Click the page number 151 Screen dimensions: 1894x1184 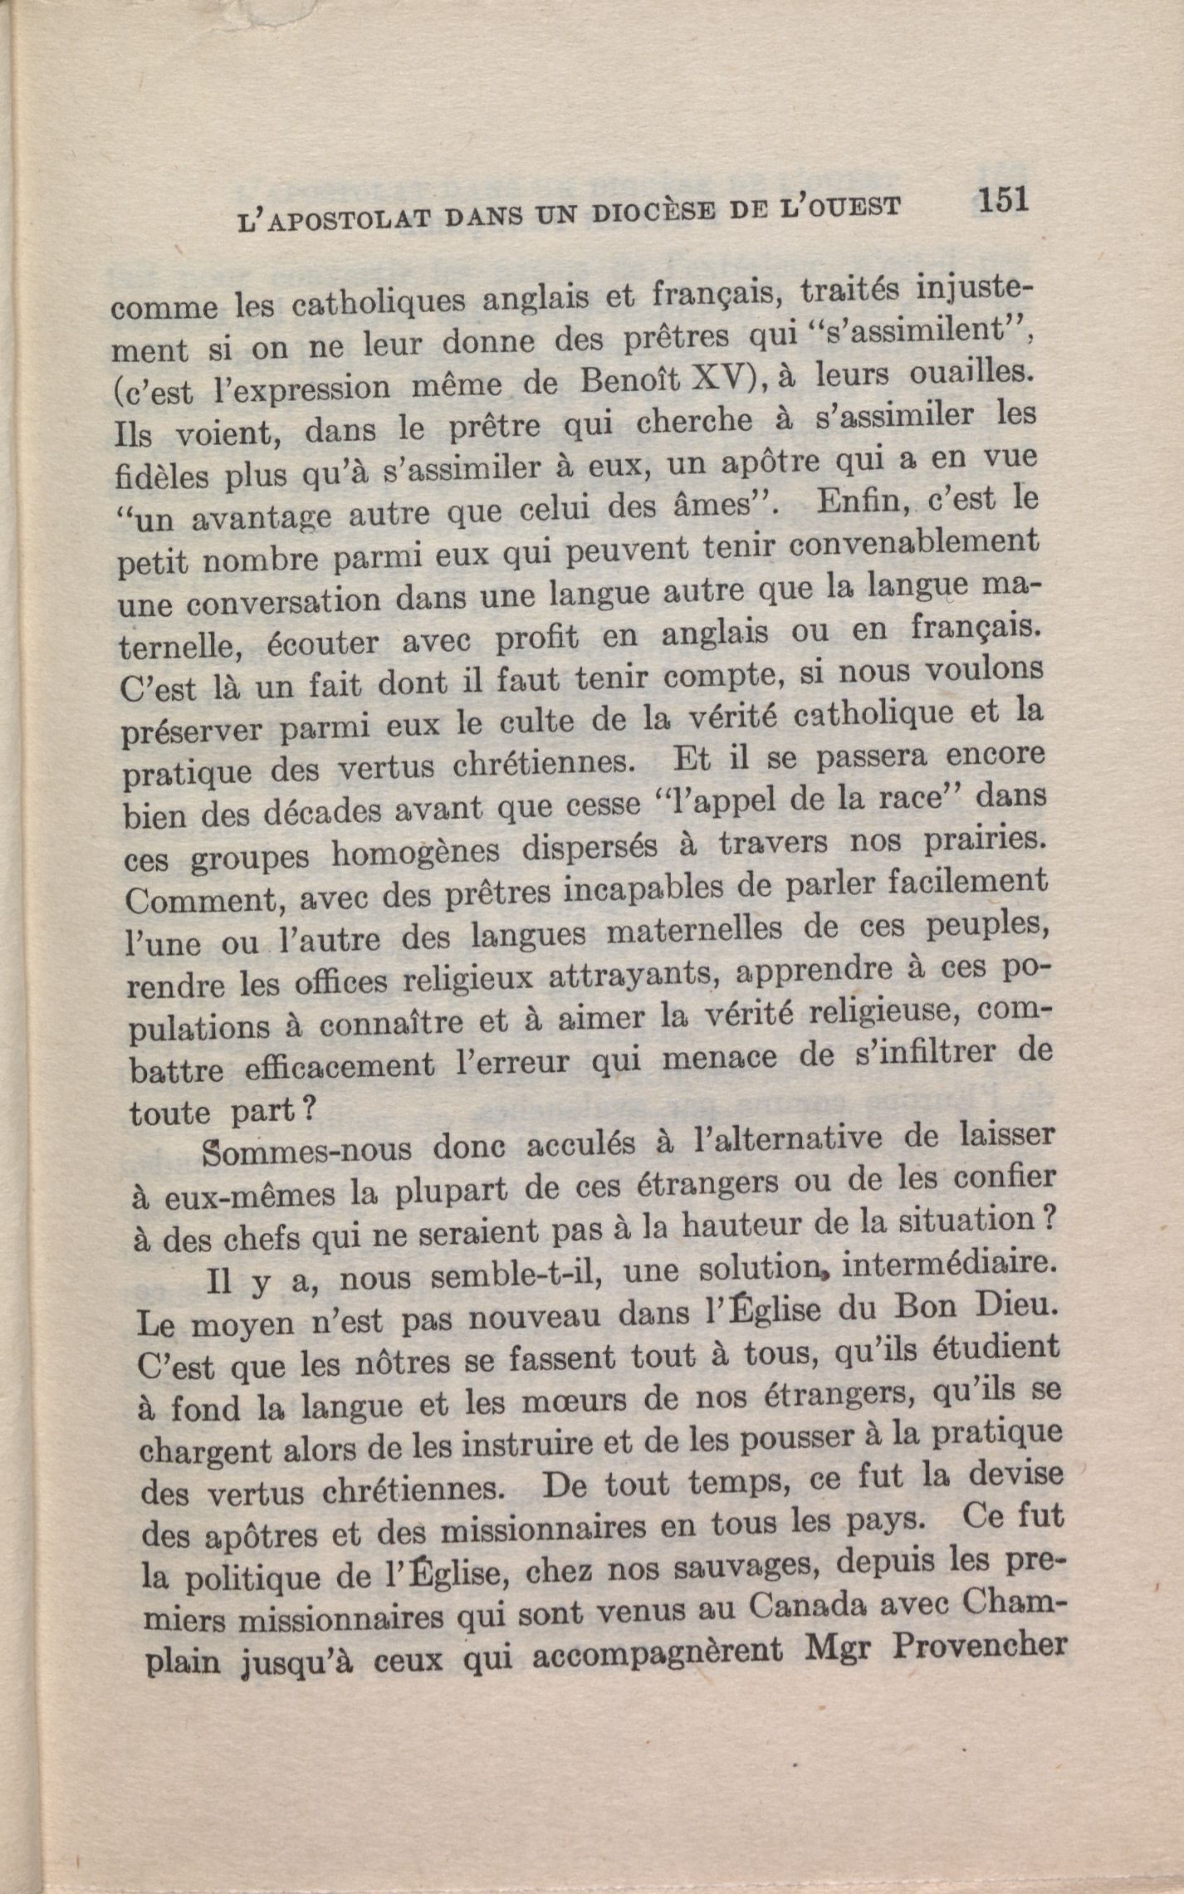coord(1003,201)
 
